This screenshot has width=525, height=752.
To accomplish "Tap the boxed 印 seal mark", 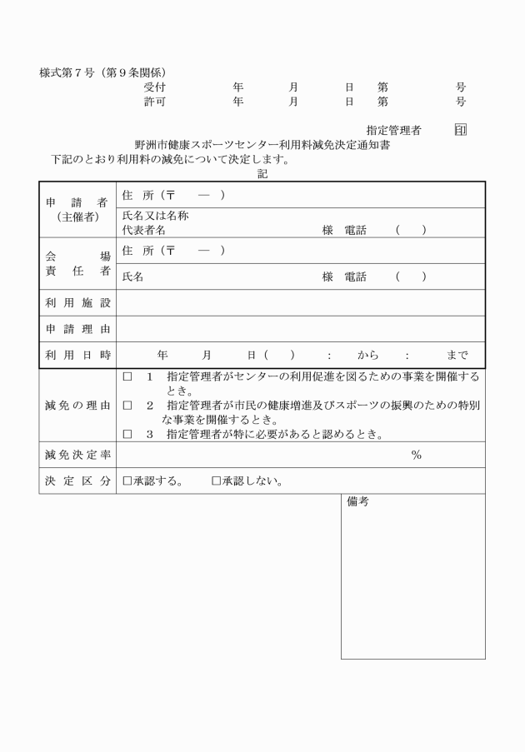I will click(x=460, y=130).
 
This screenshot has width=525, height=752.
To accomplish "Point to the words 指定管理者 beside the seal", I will click(x=393, y=130).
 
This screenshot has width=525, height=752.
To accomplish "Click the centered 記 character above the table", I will click(x=262, y=173).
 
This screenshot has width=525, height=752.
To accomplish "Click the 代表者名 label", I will click(x=144, y=230).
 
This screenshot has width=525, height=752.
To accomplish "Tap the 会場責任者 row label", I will click(x=77, y=263).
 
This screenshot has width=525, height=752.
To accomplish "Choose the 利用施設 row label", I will click(x=77, y=302).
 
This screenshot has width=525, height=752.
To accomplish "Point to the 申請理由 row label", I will click(x=77, y=329).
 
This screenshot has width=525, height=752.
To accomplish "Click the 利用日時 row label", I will click(x=77, y=356).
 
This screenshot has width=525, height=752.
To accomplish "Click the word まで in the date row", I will click(x=457, y=356).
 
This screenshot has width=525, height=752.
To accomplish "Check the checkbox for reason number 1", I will click(x=127, y=377).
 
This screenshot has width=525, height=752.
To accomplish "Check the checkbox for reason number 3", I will click(x=127, y=434).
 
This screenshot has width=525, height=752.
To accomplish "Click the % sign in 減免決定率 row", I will click(x=416, y=455).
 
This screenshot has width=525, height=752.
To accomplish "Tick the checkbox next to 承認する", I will click(x=127, y=481).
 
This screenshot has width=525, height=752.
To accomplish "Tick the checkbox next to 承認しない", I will click(x=216, y=481).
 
